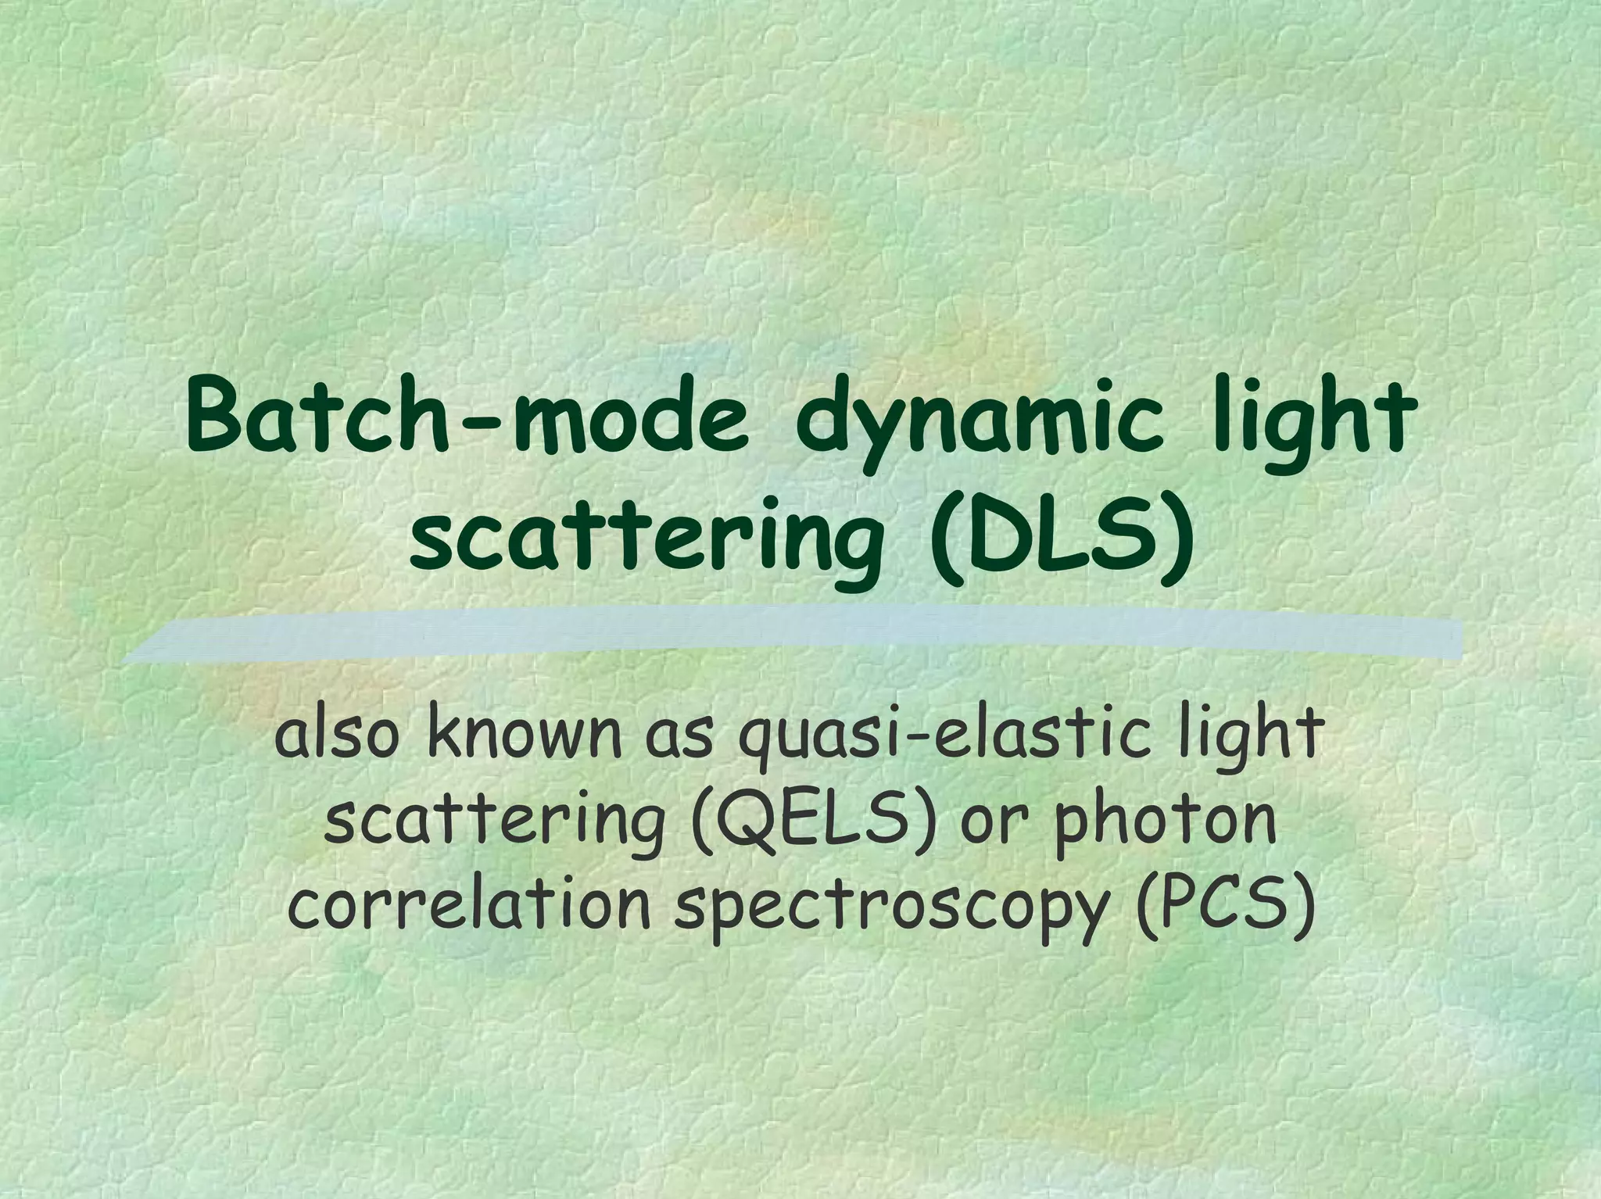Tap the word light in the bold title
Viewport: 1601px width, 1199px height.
1313,420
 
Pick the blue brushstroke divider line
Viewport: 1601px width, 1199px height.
790,635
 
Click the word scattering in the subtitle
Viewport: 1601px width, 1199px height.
493,821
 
